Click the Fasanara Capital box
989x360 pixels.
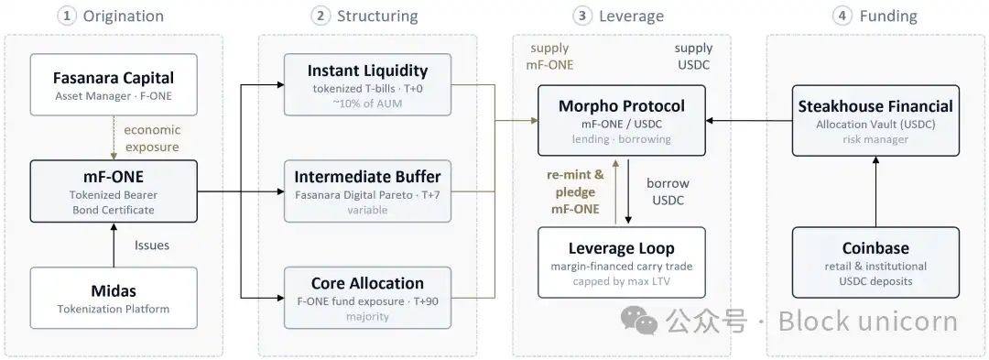click(x=114, y=84)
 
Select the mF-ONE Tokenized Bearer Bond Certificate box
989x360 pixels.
click(x=114, y=191)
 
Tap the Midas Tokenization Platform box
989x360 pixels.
click(x=114, y=298)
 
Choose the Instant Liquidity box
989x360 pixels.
click(x=368, y=84)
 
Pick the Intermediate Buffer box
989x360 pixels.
click(x=368, y=191)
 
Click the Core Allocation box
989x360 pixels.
click(x=368, y=298)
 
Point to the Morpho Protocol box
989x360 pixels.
click(x=621, y=120)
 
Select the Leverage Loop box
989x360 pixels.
click(x=621, y=262)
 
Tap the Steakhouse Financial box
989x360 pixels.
click(x=875, y=120)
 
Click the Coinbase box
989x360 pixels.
click(x=875, y=262)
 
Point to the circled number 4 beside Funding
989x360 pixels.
click(x=842, y=16)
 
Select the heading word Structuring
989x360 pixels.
click(x=377, y=16)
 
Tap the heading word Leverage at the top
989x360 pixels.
click(x=632, y=16)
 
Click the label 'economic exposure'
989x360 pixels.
click(x=151, y=138)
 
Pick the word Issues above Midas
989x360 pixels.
click(x=152, y=245)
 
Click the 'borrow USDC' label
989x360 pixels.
click(x=668, y=191)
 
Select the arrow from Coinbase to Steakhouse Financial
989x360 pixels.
click(x=875, y=191)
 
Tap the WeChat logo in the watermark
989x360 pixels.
click(x=639, y=321)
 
